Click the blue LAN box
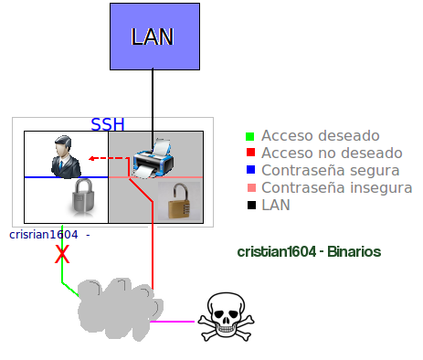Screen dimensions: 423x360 click(154, 37)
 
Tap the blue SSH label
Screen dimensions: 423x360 click(108, 124)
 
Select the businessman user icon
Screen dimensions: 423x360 click(66, 156)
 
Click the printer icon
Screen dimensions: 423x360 click(153, 158)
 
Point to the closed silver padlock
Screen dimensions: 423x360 click(83, 196)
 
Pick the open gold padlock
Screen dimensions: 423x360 click(179, 201)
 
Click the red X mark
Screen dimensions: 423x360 click(62, 254)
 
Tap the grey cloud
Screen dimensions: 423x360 click(120, 309)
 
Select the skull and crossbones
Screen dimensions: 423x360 click(226, 317)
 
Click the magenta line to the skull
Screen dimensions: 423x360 click(172, 322)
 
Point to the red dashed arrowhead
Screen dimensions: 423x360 click(91, 158)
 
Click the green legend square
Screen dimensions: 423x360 click(249, 136)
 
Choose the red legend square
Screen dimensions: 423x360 click(250, 153)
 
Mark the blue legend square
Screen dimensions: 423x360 click(250, 170)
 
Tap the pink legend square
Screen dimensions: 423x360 click(251, 187)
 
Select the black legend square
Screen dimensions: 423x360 click(251, 205)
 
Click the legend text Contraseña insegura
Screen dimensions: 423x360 click(337, 187)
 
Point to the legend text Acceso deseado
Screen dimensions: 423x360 click(321, 136)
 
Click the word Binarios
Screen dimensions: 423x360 click(354, 252)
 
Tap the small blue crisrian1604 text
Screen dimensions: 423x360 click(44, 235)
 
